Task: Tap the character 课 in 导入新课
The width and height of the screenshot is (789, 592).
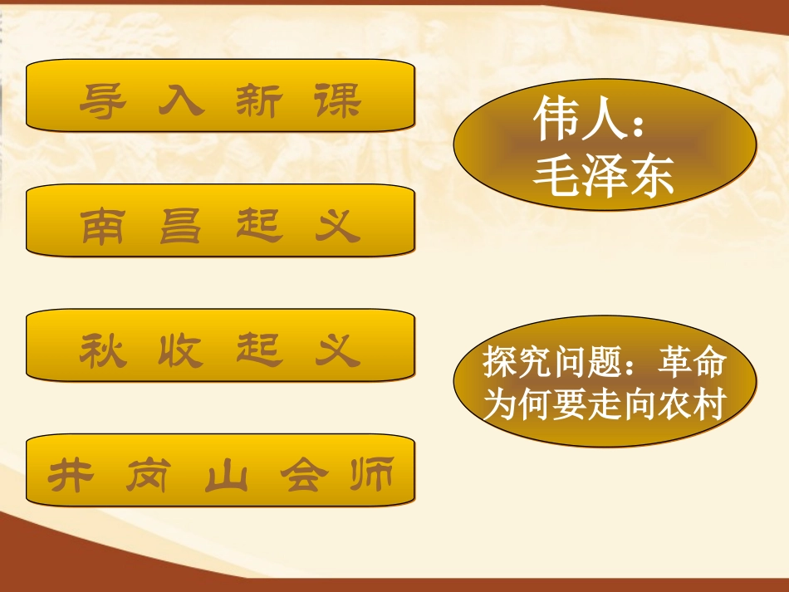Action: (x=338, y=102)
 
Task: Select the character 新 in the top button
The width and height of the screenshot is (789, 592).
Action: (x=259, y=102)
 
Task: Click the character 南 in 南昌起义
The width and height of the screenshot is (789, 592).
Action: (x=103, y=226)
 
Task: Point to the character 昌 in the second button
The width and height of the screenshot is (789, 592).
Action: (x=180, y=226)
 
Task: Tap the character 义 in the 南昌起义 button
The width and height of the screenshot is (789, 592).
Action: (x=337, y=226)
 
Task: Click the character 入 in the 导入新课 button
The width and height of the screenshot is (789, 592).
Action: (x=180, y=102)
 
